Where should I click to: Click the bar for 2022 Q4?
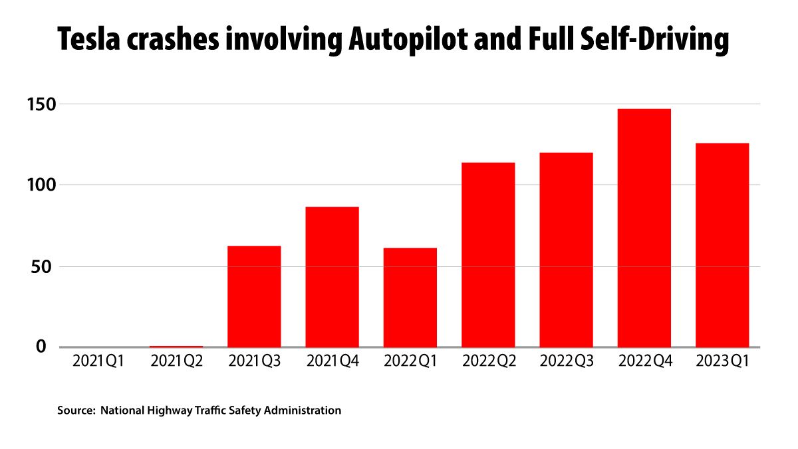point(644,227)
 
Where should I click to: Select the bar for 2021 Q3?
point(254,296)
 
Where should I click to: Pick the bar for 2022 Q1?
point(410,297)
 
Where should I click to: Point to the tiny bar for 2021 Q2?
point(176,346)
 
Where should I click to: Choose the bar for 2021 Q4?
point(332,276)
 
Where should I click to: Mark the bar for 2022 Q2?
point(488,254)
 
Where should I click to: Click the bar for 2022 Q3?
point(566,249)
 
